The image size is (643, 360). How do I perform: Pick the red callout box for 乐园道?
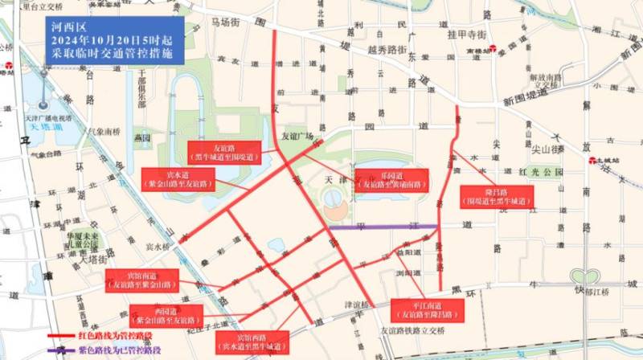pos(391,179)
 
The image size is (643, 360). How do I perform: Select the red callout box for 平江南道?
pos(426,309)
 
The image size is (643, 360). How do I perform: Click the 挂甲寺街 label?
pos(467,35)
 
